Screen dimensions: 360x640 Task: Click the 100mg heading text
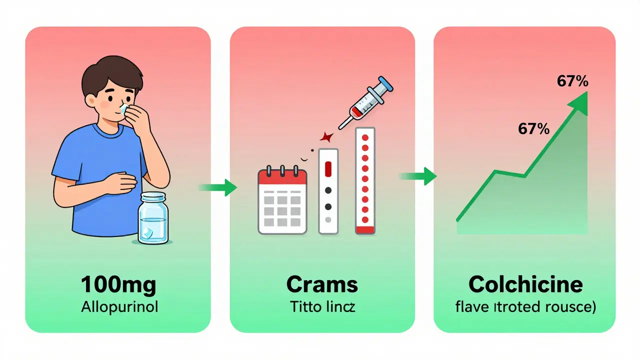click(119, 284)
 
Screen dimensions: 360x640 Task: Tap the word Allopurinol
click(119, 306)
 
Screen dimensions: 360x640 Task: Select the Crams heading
click(322, 284)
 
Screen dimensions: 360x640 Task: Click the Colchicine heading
click(525, 284)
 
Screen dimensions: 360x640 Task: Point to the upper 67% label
click(572, 81)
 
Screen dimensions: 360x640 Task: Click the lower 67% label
click(533, 129)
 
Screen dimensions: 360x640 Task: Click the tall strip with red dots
click(365, 181)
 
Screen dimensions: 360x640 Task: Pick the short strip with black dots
click(328, 191)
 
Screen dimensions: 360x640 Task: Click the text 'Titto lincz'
click(322, 306)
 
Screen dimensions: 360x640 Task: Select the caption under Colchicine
click(525, 306)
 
